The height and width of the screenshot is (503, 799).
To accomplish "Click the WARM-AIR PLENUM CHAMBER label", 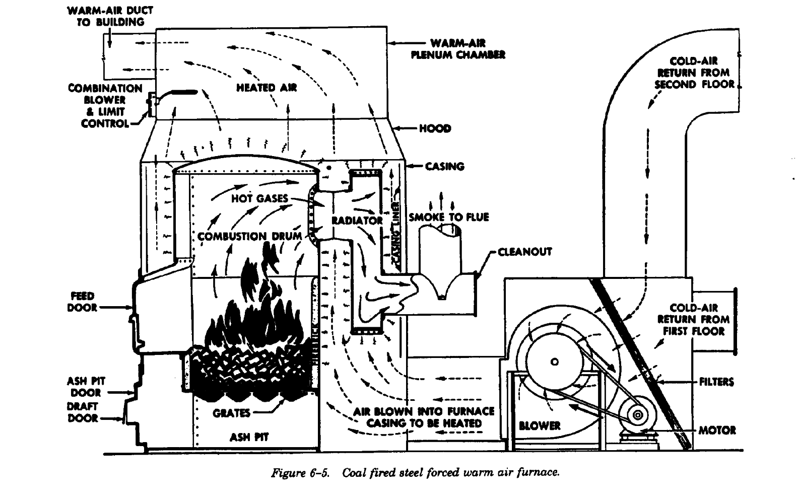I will [457, 49].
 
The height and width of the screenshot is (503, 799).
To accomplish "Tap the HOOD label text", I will [435, 128].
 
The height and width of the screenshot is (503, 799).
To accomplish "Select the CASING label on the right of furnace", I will [444, 166].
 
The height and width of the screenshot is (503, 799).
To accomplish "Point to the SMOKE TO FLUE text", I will [448, 217].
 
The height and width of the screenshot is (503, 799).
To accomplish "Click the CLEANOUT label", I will [524, 251].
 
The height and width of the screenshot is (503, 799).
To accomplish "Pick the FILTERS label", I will [716, 382].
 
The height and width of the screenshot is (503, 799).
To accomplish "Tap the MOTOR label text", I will [717, 430].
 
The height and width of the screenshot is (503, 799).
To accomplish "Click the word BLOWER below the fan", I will [540, 425].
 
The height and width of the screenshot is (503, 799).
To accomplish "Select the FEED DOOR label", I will [82, 302].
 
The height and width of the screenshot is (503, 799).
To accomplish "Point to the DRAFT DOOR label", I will [83, 412].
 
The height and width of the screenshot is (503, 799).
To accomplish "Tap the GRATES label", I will [231, 413].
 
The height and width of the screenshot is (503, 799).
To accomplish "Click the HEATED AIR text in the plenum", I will [267, 88].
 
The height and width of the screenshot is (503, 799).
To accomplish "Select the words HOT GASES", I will [259, 198].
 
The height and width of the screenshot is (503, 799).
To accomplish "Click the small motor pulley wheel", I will [637, 415].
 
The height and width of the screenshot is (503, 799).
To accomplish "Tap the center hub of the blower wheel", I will [555, 362].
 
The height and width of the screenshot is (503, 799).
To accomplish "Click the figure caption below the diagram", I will [416, 473].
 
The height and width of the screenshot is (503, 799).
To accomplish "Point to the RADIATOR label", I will [357, 221].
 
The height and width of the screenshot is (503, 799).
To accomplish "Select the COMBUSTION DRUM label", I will [249, 236].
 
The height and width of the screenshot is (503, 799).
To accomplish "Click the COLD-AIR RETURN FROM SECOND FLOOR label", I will [694, 73].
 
